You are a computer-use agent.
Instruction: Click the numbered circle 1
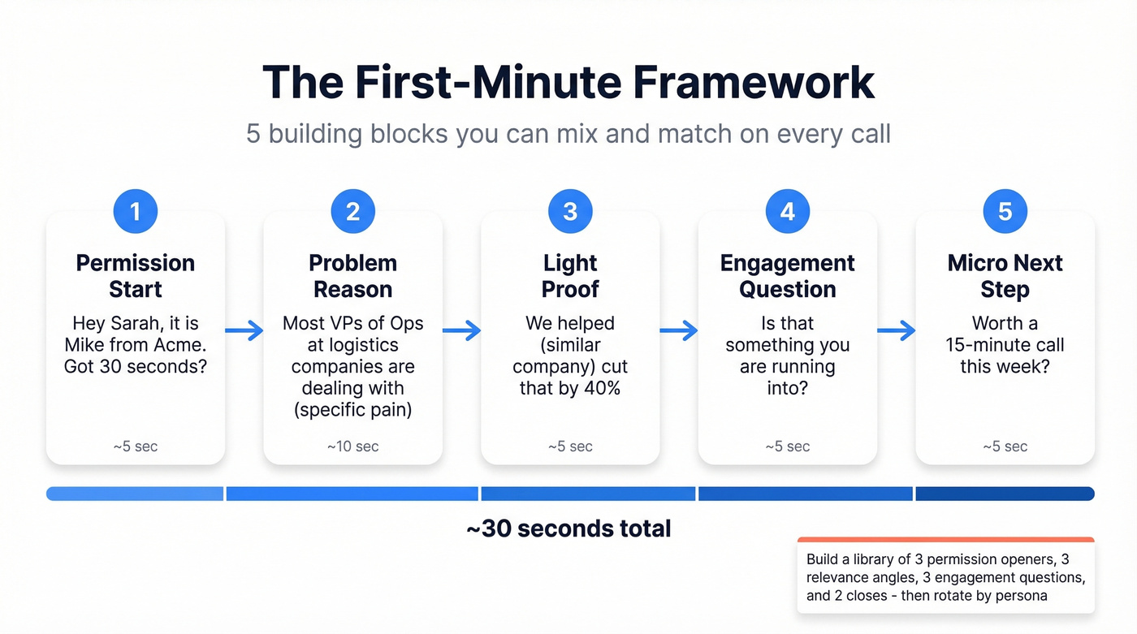(135, 212)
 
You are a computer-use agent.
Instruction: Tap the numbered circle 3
(570, 212)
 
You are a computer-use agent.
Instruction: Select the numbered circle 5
(1005, 212)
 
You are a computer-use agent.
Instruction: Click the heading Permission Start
(136, 276)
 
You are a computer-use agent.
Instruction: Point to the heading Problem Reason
(352, 276)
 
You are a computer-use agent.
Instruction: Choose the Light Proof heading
(570, 276)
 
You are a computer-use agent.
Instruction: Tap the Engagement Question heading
(787, 276)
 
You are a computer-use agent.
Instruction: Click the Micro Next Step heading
(1005, 276)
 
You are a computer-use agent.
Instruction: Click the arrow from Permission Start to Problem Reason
(244, 330)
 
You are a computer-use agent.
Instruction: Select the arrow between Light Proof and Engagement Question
(679, 330)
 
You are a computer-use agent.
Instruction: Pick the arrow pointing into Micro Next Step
(897, 330)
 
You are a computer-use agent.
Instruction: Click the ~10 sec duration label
(352, 446)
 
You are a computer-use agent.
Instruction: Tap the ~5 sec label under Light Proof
(570, 446)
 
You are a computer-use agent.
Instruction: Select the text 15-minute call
(1005, 345)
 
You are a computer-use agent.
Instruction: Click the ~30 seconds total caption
(568, 529)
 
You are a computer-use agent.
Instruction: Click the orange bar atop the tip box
(945, 540)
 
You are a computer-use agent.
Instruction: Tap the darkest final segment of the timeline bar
(1005, 494)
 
